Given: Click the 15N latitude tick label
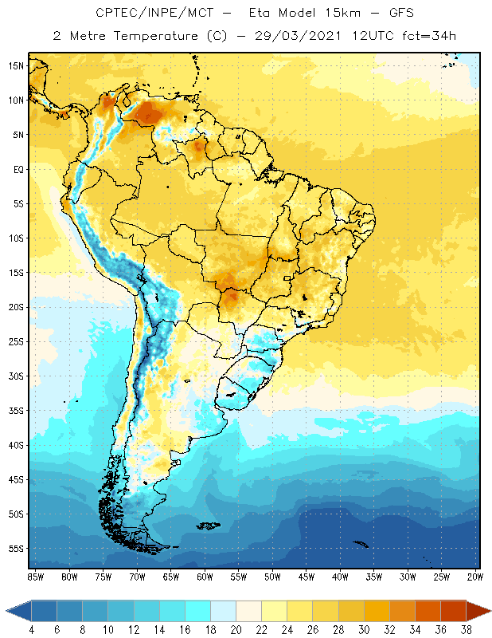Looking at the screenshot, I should click(15, 65).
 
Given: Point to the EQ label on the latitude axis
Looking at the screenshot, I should click(17, 169).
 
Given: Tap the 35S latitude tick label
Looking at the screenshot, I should click(15, 411).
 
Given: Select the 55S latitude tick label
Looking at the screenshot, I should click(15, 549).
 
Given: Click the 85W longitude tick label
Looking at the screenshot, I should click(35, 577).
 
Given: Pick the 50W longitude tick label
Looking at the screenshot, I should click(273, 577).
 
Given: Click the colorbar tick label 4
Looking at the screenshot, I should click(31, 630).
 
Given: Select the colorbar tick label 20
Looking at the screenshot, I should click(236, 630).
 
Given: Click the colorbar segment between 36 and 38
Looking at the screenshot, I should click(453, 611).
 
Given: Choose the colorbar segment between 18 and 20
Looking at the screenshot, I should click(223, 611).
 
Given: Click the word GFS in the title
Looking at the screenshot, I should click(381, 14).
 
